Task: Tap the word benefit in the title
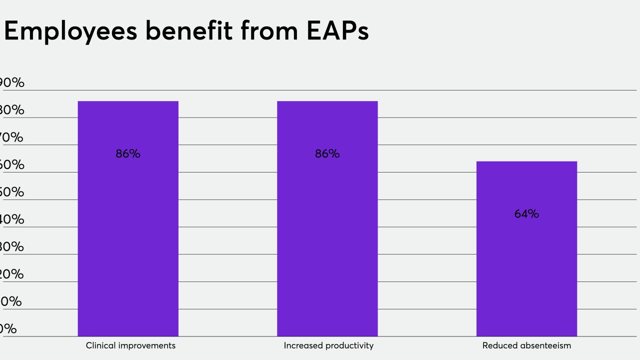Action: coord(189,31)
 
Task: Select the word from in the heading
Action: coord(270,31)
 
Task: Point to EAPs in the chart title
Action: coord(338,31)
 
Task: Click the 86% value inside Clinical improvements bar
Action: coord(128,154)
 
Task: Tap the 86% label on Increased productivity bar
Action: coord(327,154)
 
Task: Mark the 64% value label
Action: coord(526,214)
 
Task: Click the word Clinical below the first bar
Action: coord(100,345)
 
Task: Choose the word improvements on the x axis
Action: coord(146,345)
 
